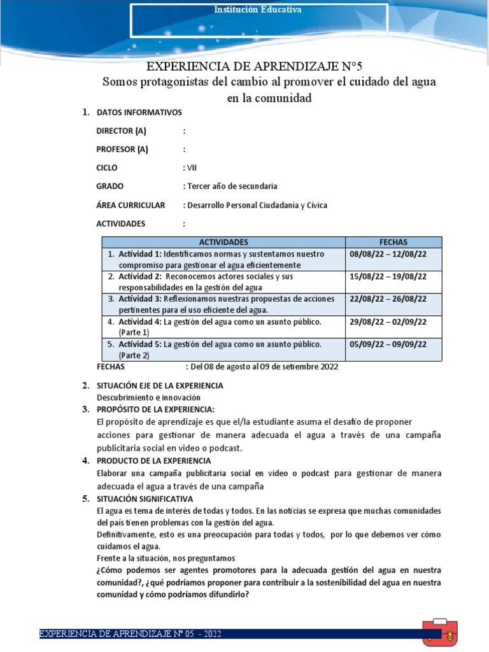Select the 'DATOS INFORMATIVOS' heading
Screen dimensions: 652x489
click(x=139, y=113)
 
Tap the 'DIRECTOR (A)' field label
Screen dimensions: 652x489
click(x=121, y=131)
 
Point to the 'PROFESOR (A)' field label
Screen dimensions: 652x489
click(x=122, y=150)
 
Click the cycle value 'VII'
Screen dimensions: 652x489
click(x=192, y=168)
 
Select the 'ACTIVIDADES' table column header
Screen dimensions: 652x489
click(x=223, y=243)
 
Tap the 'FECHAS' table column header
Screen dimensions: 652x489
click(x=393, y=243)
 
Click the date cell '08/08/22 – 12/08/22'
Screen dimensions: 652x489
click(x=388, y=253)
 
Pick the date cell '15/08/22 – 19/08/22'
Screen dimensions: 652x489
click(x=388, y=276)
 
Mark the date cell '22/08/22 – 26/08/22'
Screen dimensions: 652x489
click(x=388, y=299)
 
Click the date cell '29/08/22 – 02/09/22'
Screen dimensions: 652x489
click(x=388, y=322)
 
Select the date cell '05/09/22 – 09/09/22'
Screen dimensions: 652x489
click(x=388, y=344)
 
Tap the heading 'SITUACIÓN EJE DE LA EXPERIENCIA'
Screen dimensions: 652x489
click(x=159, y=386)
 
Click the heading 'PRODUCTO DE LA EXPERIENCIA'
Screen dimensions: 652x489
click(x=153, y=460)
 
